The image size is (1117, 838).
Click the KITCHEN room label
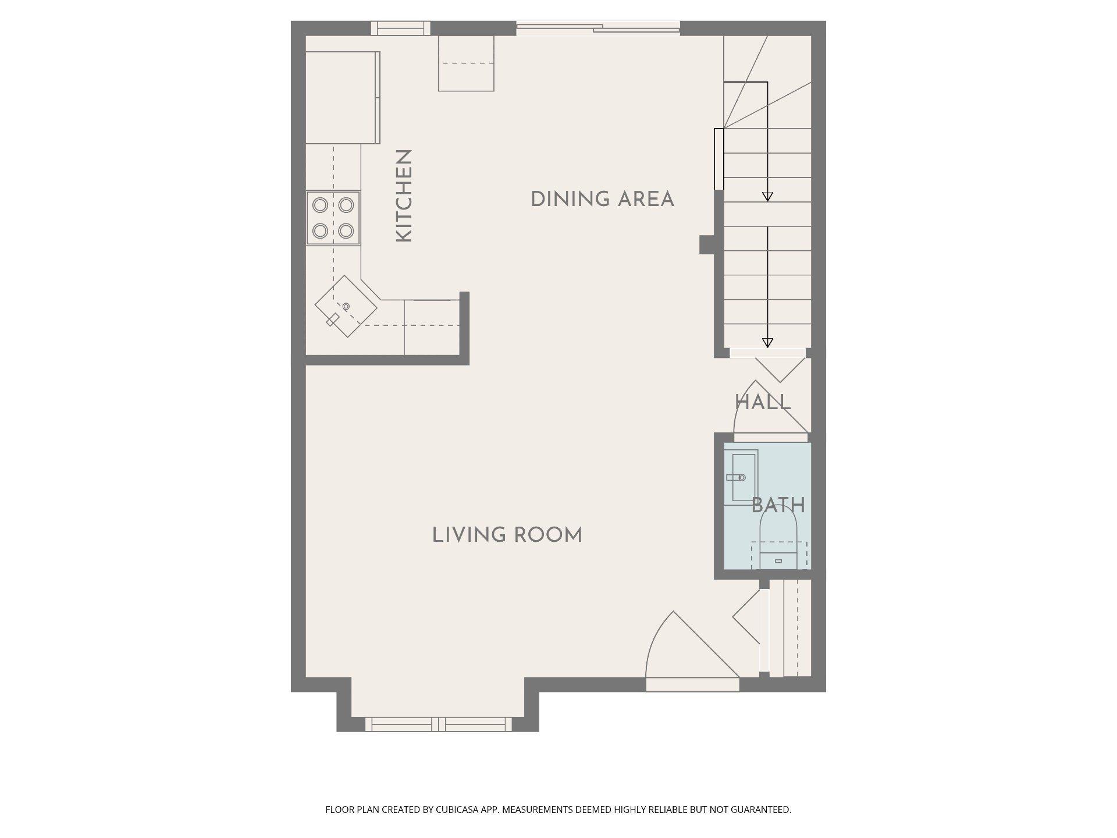404,196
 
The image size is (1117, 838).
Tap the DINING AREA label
603,200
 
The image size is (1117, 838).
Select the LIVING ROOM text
507,535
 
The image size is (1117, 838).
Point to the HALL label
763,402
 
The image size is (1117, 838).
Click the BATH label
778,505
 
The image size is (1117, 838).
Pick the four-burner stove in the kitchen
333,218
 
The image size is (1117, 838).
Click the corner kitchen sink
346,306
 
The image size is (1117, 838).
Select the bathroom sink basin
744,477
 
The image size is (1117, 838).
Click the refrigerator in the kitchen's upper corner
343,97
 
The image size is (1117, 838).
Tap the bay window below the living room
438,724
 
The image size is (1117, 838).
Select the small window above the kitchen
401,28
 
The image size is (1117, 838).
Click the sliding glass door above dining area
598,27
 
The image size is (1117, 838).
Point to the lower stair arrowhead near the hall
767,343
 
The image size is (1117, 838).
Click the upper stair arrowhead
767,197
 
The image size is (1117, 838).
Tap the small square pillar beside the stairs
707,244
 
